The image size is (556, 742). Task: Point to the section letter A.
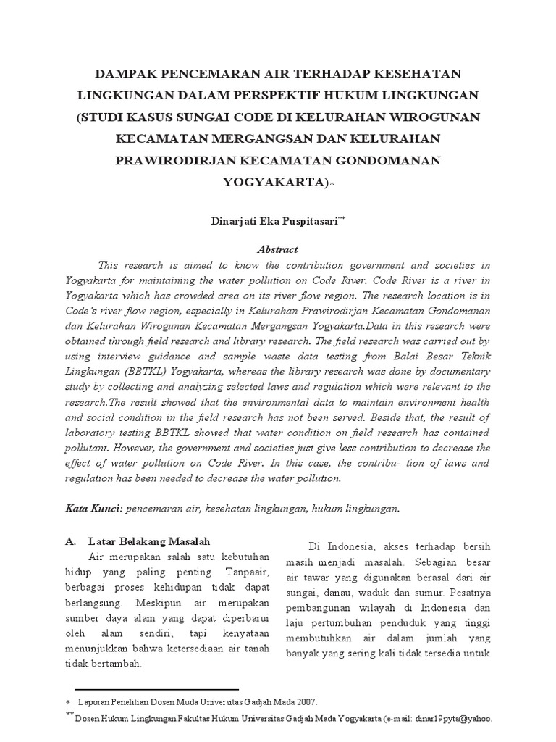(71, 541)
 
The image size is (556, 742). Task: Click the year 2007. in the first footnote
(305, 702)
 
